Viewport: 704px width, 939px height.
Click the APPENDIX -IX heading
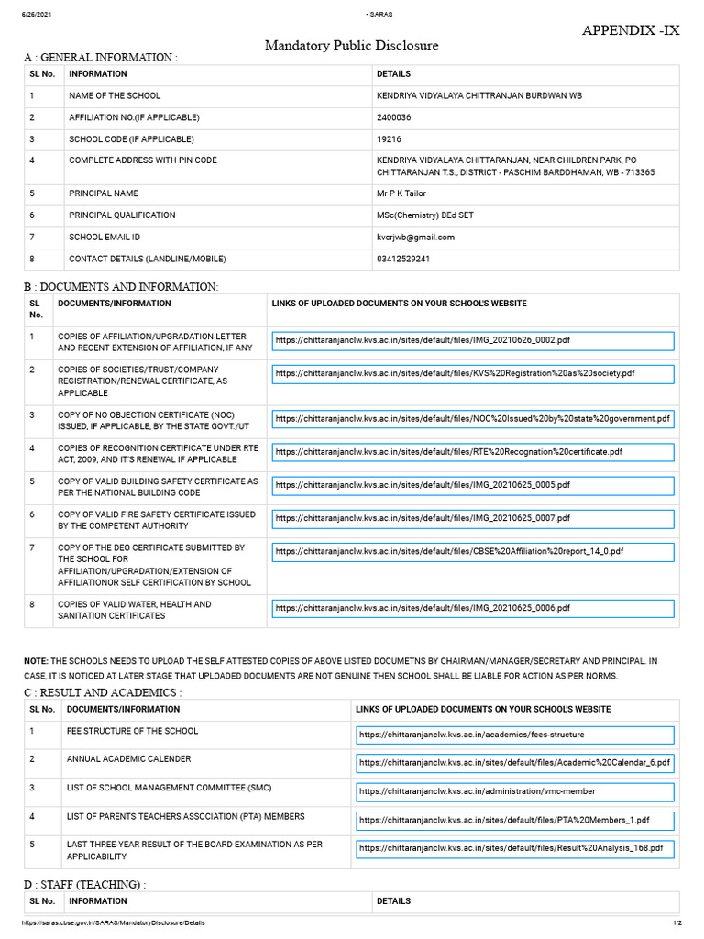point(632,30)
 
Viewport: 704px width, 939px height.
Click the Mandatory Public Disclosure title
point(352,45)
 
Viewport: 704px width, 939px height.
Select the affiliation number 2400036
point(394,117)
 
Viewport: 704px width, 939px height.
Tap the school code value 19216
point(390,139)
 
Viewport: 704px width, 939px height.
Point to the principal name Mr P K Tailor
point(401,193)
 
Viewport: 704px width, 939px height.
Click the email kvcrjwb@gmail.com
point(415,237)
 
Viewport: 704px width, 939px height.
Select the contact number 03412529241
point(403,259)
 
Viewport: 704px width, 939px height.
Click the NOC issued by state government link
point(472,419)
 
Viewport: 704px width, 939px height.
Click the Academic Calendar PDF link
point(514,762)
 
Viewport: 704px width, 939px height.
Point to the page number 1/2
point(676,922)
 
